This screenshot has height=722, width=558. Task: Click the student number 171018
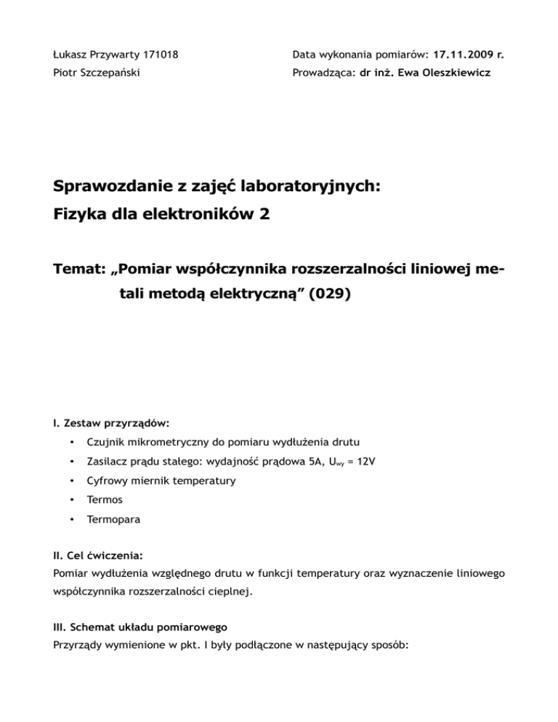(158, 54)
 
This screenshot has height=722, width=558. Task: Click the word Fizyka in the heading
(81, 214)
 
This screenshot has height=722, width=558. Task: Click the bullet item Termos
(103, 500)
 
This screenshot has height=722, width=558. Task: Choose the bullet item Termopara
(113, 520)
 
